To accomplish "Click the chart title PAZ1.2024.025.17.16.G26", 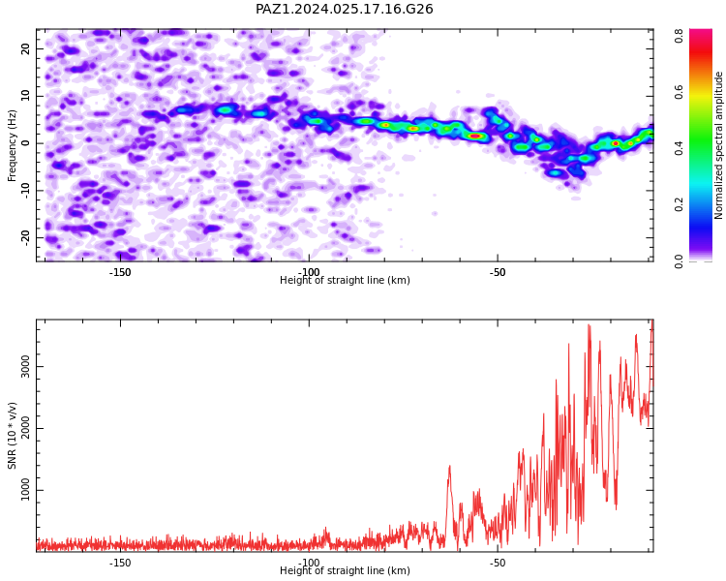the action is click(345, 9).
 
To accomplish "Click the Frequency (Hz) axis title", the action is click(12, 145).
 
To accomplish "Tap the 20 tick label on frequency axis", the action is click(26, 48).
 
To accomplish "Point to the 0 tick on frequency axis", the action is click(26, 143).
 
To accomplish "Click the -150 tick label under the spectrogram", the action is click(120, 272).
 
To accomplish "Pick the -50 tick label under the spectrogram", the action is click(498, 272).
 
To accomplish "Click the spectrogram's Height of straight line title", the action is click(345, 280).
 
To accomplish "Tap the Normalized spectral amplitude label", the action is click(718, 145).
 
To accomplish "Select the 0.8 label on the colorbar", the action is click(679, 36).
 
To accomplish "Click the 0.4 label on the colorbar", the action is click(679, 149).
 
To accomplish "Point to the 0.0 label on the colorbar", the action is click(679, 261).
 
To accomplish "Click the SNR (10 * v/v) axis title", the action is click(12, 436).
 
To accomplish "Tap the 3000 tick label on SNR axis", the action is click(26, 366).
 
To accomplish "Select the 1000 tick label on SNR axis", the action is click(26, 490).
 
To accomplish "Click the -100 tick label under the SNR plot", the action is click(309, 563).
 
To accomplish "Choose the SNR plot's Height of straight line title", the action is click(345, 570).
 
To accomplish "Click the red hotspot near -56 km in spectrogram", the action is click(475, 136).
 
